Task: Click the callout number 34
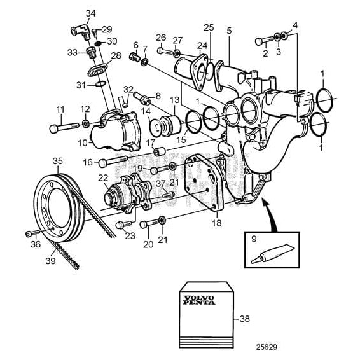(x=90, y=13)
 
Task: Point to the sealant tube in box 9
(x=270, y=255)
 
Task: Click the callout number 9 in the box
(x=253, y=240)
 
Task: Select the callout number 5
(x=229, y=30)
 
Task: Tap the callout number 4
(x=294, y=25)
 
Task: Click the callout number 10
(x=83, y=143)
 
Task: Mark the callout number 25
(x=209, y=27)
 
